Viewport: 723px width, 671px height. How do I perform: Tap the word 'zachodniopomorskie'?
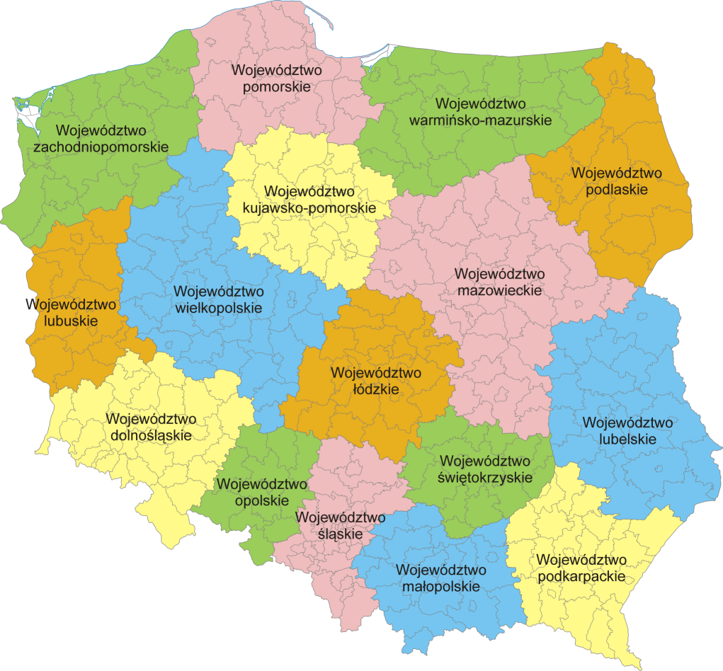(x=101, y=147)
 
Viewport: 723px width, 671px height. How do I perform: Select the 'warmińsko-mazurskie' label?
(x=481, y=120)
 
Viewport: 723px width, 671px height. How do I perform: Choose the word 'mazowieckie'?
(x=499, y=290)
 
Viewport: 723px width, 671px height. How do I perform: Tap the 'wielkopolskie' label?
(x=218, y=308)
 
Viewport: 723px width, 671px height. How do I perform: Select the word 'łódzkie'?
(x=375, y=389)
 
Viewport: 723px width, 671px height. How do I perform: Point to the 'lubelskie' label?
(x=627, y=440)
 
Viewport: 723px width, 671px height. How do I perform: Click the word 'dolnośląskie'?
(x=151, y=435)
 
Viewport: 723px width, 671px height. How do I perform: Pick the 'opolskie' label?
(x=262, y=500)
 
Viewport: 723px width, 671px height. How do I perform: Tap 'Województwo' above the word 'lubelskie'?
(x=627, y=423)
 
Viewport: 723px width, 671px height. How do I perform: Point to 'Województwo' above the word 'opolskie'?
(x=262, y=484)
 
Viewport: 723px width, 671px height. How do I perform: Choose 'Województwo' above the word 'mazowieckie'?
(x=499, y=273)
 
